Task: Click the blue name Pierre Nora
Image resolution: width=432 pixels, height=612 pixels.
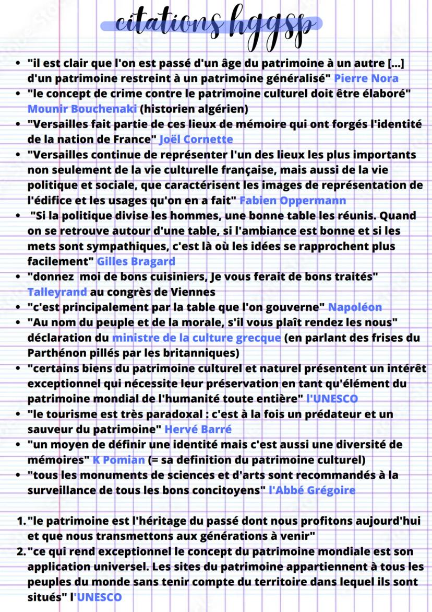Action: point(366,79)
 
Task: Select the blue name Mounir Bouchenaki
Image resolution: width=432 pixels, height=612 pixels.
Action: point(82,109)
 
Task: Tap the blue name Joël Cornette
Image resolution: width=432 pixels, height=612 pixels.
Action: point(196,140)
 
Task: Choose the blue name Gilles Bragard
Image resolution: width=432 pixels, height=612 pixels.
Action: point(136,261)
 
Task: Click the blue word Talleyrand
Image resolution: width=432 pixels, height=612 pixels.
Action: point(57,292)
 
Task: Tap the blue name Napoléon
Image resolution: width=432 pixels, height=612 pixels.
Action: point(355,307)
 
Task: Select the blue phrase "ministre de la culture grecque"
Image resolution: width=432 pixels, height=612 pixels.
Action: point(196,338)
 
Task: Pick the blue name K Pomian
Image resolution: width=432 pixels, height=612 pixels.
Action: point(118,460)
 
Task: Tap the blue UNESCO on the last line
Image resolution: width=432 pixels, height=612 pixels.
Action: point(99,597)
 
